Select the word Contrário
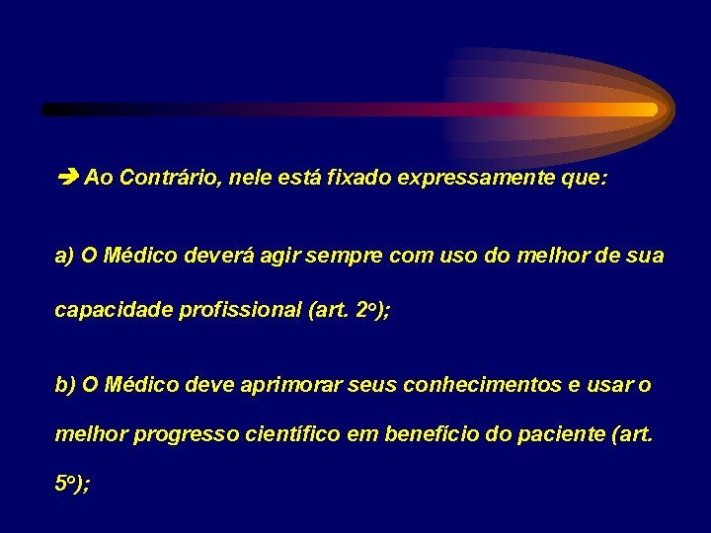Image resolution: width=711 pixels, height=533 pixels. pos(167,179)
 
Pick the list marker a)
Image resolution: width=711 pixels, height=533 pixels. pos(64,257)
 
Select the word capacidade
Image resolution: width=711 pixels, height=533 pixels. pos(113,310)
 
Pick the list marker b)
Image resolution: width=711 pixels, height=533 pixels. pos(65,385)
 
